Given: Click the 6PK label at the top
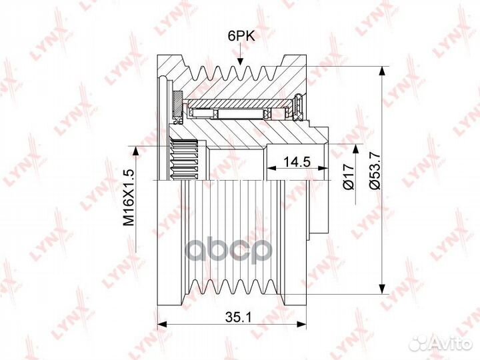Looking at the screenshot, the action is pyautogui.click(x=241, y=37).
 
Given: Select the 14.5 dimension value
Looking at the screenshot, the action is pyautogui.click(x=296, y=161).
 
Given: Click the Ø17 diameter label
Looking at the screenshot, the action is pyautogui.click(x=349, y=177).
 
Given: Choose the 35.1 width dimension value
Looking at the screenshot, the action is pyautogui.click(x=238, y=317).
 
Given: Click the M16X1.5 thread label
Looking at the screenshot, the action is pyautogui.click(x=129, y=198).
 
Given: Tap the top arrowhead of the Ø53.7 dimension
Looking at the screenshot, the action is pyautogui.click(x=381, y=71).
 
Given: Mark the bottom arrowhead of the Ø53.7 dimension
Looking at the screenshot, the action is pyautogui.click(x=381, y=289).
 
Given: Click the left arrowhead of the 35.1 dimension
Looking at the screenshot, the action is pyautogui.click(x=162, y=324).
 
